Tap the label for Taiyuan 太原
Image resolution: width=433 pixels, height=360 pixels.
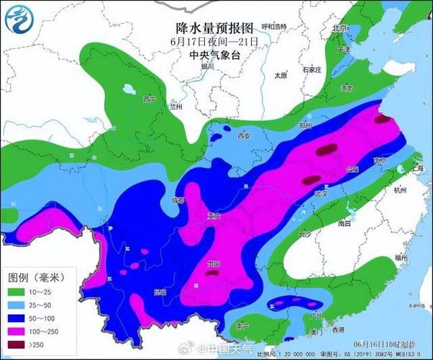point(281,75)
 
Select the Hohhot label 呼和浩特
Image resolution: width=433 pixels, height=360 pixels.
point(274,27)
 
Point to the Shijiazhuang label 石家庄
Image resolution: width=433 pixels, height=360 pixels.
point(311,70)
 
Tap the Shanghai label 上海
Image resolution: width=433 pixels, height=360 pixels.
point(416,167)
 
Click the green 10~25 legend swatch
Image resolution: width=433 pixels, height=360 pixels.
point(19,292)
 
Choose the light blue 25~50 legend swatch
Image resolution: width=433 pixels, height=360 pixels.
point(19,305)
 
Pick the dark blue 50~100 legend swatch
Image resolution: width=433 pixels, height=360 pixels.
point(19,318)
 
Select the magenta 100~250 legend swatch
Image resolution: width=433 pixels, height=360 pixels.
point(19,332)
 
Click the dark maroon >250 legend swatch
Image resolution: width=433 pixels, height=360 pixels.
point(19,346)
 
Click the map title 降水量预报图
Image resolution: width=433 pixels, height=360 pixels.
point(214,28)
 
